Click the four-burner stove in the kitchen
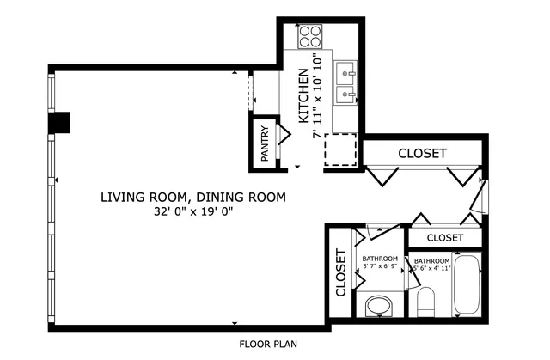pos(309,37)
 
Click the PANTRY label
pos(266,144)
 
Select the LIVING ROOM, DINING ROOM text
pos(192,197)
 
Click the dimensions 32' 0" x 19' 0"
pos(193,211)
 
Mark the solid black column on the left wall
pos(59,124)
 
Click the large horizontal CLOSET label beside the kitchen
pos(422,153)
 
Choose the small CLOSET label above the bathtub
pos(444,237)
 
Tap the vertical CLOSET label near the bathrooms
pos(340,274)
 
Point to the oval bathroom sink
pos(377,305)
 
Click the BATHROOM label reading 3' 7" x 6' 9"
pos(379,262)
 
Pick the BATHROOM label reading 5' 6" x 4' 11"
pos(431,264)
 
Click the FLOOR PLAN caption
pos(268,345)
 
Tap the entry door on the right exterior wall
pos(483,199)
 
